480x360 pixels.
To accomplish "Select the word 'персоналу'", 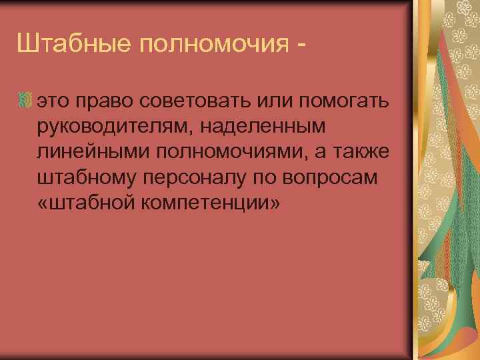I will point(199,178).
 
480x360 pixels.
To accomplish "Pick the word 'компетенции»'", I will point(213,203).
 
